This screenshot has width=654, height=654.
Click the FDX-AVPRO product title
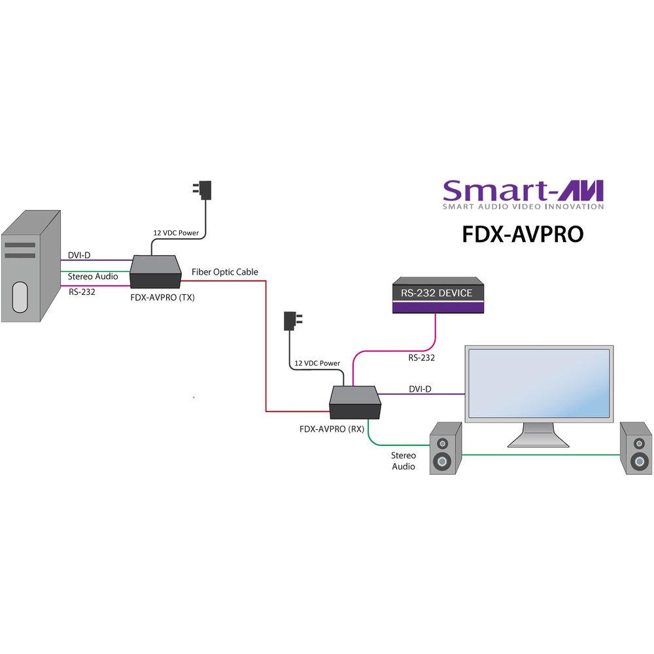pyautogui.click(x=522, y=233)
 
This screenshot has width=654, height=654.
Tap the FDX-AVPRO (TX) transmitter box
pyautogui.click(x=156, y=271)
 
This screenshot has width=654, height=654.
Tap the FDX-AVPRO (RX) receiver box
pyautogui.click(x=355, y=402)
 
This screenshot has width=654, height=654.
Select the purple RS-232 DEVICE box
pyautogui.click(x=436, y=295)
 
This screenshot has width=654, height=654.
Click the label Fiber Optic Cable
pyautogui.click(x=224, y=271)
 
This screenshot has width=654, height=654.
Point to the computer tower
pyautogui.click(x=30, y=265)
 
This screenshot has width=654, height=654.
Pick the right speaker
pyautogui.click(x=636, y=448)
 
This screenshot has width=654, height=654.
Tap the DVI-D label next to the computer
pyautogui.click(x=78, y=255)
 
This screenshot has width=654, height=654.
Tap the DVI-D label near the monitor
pyautogui.click(x=420, y=389)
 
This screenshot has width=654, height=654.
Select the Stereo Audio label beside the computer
pyautogui.click(x=93, y=277)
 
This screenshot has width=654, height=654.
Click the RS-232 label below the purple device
pyautogui.click(x=421, y=358)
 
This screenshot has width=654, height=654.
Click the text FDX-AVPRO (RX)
pyautogui.click(x=332, y=430)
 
